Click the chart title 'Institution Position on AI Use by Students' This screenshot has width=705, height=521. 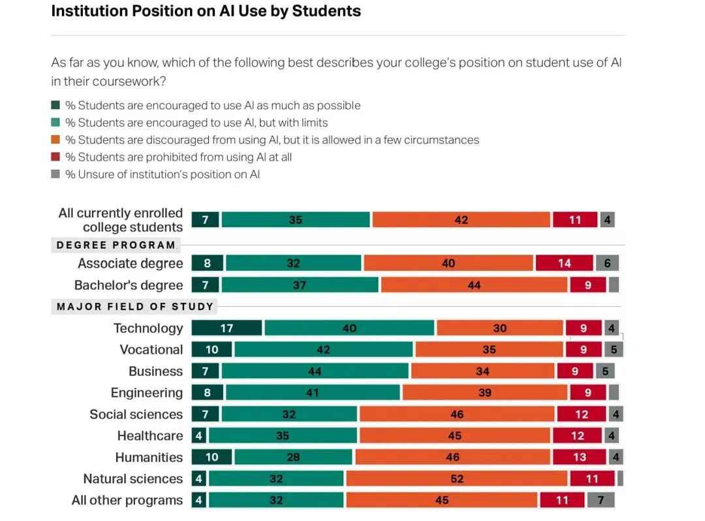206,11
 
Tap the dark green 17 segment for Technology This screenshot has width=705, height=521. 227,328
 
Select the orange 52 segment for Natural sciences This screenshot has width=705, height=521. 456,479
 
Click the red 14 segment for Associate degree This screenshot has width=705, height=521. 564,263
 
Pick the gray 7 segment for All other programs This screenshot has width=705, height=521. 601,500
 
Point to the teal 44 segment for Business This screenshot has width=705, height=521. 315,371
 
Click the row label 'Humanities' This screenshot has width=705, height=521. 149,457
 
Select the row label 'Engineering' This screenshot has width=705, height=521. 146,392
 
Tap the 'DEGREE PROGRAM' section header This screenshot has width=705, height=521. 116,245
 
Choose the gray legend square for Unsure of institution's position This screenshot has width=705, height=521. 55,174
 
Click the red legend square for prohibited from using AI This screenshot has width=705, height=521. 55,157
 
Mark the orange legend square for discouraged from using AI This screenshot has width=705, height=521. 55,140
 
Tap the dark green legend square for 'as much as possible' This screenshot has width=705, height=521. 55,105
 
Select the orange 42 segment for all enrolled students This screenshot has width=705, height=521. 461,220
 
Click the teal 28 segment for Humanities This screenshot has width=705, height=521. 293,457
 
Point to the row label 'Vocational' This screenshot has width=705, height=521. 151,349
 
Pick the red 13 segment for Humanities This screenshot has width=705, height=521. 580,457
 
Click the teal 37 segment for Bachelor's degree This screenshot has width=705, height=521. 299,285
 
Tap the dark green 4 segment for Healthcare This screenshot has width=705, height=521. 199,435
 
